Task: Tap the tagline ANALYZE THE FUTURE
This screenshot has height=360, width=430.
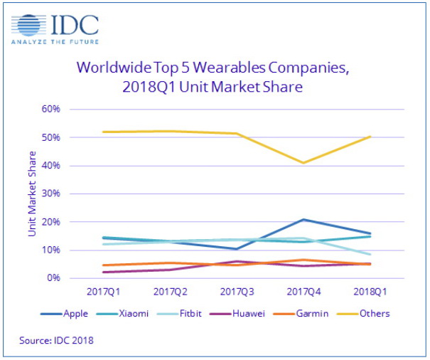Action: point(53,41)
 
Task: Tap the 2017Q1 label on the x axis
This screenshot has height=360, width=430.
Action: point(104,292)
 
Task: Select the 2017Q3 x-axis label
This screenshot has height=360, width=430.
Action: point(236,292)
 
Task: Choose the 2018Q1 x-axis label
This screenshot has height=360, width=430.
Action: point(370,292)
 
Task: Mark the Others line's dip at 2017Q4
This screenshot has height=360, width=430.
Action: point(303,163)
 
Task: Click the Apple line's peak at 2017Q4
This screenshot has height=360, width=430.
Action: point(303,220)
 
